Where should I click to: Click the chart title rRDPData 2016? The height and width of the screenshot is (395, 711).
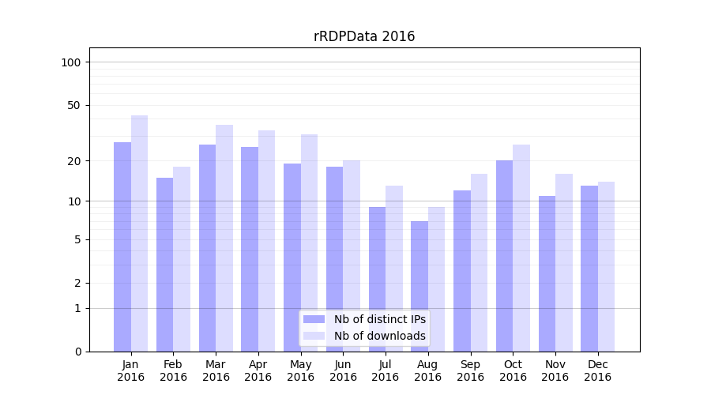pos(364,36)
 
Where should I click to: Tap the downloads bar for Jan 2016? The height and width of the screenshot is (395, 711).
pos(140,233)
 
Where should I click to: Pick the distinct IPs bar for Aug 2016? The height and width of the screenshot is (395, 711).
pos(419,286)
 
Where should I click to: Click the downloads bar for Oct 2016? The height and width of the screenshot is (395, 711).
pos(521,248)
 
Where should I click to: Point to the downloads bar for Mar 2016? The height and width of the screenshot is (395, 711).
pos(224,238)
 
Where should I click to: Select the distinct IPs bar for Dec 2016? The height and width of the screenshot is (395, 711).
pos(589,269)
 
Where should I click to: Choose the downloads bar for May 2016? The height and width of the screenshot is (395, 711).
pos(310,243)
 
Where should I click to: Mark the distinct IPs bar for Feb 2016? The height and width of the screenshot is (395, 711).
pos(164,265)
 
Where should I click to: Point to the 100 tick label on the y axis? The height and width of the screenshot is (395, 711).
pos(71,62)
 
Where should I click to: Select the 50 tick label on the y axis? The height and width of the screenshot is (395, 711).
pos(74,105)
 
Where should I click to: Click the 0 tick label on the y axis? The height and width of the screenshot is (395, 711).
pos(77,352)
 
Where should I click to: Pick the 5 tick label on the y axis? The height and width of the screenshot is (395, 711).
pos(77,239)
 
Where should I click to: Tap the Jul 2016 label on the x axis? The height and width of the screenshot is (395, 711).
pos(386,371)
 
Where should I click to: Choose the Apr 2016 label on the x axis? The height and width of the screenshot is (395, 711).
pos(258,371)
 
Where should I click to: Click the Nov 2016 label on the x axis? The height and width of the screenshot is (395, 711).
pos(555,371)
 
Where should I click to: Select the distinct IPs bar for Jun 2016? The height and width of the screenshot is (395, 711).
pos(335,259)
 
